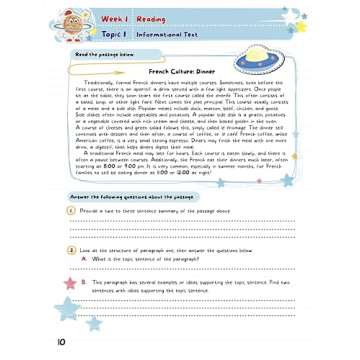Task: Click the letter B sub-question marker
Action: coord(84,282)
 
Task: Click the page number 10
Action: coord(62,343)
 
